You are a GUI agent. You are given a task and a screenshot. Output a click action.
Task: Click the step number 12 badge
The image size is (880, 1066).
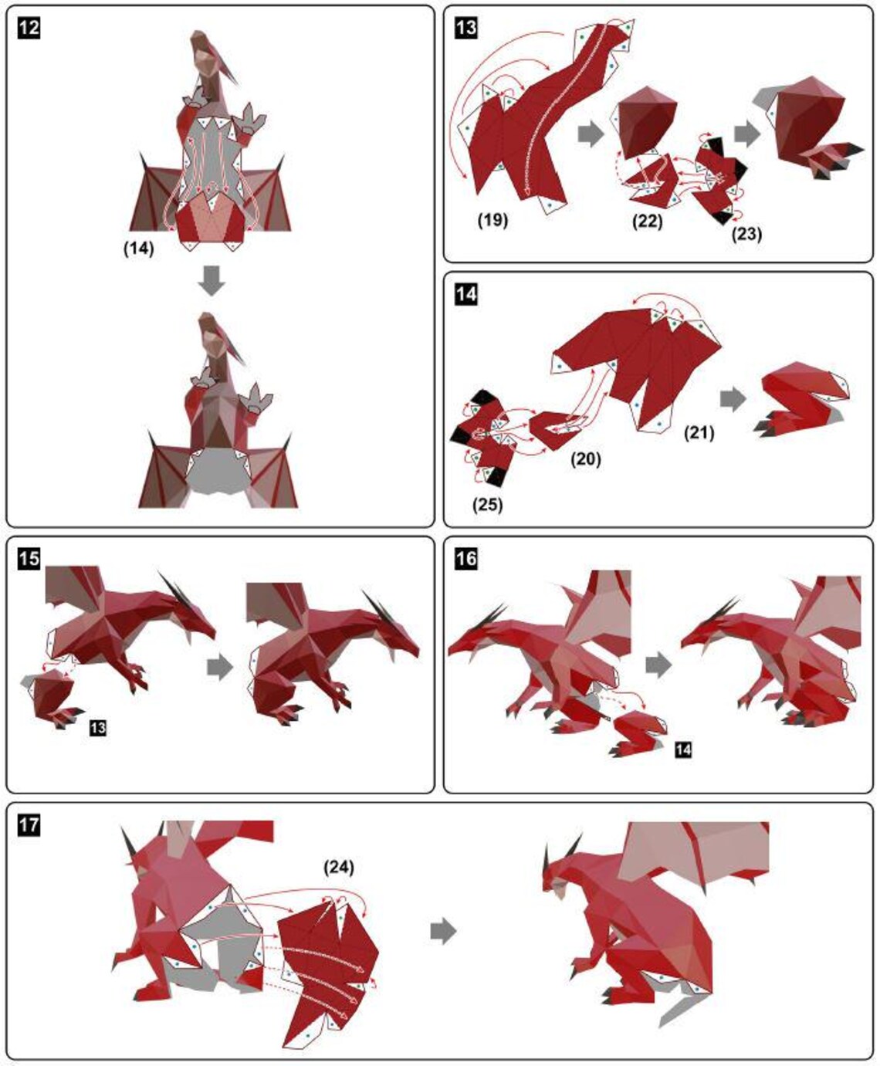(29, 28)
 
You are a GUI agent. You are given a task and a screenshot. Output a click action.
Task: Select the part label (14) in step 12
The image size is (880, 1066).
(139, 249)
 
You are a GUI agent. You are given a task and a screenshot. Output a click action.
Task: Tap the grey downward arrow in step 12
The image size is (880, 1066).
(212, 281)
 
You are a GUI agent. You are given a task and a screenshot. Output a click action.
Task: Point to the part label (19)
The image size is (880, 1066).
(492, 220)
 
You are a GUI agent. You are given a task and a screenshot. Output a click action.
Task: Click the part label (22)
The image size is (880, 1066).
(647, 222)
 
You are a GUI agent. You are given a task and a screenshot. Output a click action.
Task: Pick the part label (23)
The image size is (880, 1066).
(746, 233)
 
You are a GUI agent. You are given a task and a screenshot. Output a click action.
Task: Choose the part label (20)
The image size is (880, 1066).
(585, 459)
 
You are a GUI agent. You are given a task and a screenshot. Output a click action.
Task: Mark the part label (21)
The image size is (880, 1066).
(699, 433)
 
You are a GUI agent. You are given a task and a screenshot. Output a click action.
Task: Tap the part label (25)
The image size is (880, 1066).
(486, 505)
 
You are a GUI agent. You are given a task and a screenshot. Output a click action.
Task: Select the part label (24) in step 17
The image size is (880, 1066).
(338, 868)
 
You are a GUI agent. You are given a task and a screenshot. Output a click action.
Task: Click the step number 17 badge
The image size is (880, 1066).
(29, 824)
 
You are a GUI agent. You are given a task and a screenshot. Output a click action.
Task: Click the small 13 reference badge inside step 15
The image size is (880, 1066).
(98, 728)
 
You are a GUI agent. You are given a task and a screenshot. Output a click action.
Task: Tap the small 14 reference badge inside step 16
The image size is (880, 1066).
(683, 749)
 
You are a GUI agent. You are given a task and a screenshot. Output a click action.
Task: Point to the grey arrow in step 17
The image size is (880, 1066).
(443, 931)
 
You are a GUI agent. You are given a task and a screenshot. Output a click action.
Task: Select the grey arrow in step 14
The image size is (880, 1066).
(733, 399)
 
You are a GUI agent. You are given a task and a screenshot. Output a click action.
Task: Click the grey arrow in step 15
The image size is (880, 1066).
(220, 668)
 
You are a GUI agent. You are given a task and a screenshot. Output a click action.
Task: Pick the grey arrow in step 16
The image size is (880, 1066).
(658, 665)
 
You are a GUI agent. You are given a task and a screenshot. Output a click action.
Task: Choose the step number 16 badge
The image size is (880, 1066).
(466, 558)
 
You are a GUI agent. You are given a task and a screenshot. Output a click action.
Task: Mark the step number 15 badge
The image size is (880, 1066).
(29, 558)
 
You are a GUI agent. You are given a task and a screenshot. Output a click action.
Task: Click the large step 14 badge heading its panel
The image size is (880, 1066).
(466, 294)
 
